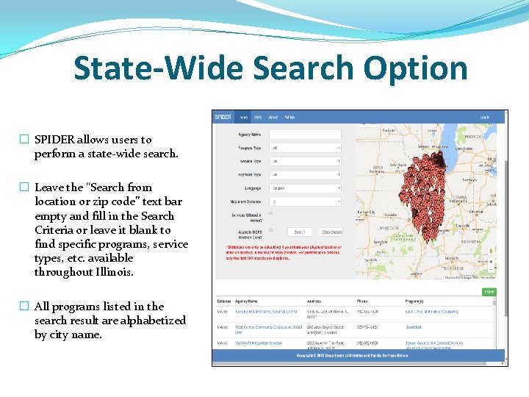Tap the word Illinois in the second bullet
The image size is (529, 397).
pos(110,272)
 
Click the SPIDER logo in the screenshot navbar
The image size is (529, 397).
pos(223,117)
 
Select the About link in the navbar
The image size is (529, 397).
pos(273,117)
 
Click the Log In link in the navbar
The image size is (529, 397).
pos(485,117)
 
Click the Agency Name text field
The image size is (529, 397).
pos(305,135)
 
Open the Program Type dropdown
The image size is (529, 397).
pos(305,148)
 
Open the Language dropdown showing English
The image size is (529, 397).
pos(305,188)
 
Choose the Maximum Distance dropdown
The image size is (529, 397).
pos(305,201)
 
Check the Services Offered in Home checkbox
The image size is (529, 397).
pos(271,213)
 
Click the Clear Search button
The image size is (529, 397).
pos(331,232)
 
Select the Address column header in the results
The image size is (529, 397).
pos(314,301)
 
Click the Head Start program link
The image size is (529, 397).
pos(413,327)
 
